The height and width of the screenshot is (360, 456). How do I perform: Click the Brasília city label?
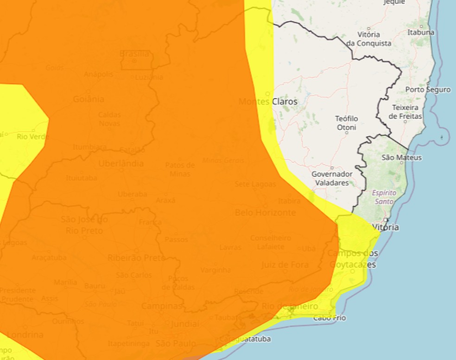coord(134,53)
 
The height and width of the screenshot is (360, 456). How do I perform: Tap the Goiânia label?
coord(89,99)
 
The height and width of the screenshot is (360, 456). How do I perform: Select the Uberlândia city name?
coord(121,163)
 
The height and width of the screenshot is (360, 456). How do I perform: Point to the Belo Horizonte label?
coord(265,212)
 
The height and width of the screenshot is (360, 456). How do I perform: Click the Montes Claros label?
coord(268,101)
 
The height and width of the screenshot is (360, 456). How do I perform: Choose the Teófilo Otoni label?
coord(347,123)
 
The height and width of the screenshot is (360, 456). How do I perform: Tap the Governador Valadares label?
coord(332,178)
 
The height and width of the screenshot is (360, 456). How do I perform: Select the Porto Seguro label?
coord(428,90)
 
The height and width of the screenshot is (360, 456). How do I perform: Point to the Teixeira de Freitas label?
coord(405,111)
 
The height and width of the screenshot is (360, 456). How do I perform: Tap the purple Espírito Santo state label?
coord(384,197)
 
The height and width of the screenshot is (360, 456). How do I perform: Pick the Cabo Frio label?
coord(329,318)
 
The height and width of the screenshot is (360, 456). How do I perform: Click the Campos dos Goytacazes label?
coord(353,259)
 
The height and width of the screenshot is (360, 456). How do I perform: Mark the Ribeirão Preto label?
coord(136,257)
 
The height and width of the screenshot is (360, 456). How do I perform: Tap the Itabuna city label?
coord(421,32)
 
